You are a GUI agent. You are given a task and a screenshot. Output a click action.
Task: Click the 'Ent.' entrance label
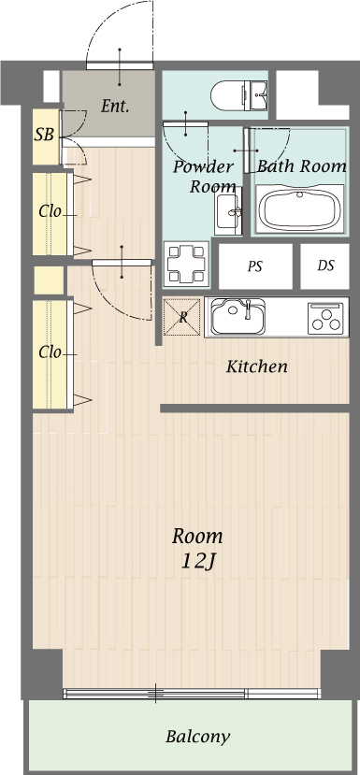click(114, 107)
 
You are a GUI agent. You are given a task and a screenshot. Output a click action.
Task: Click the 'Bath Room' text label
click(301, 166)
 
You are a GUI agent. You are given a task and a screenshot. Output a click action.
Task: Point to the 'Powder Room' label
click(203, 177)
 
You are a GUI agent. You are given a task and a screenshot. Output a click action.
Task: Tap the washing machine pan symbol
click(185, 263)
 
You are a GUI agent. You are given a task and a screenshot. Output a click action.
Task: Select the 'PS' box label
click(254, 266)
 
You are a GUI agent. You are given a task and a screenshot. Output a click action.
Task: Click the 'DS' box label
click(325, 266)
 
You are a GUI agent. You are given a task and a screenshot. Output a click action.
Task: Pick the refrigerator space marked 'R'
click(183, 317)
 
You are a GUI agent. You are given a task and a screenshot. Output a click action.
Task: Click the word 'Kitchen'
click(256, 366)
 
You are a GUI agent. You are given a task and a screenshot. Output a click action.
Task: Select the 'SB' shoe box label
click(44, 135)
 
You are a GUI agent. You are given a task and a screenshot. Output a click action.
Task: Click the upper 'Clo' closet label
click(50, 211)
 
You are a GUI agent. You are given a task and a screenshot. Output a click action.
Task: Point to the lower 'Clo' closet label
click(50, 352)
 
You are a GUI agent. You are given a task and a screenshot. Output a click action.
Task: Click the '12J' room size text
click(197, 561)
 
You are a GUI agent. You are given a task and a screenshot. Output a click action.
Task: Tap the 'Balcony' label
click(197, 737)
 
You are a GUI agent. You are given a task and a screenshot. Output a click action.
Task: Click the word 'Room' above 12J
click(197, 537)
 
